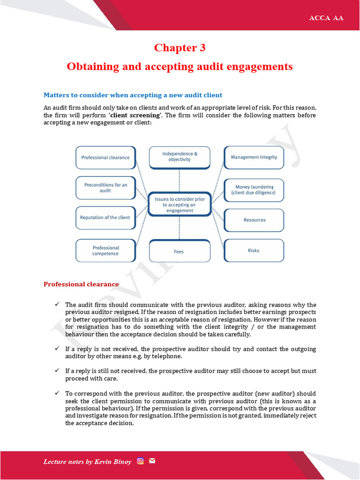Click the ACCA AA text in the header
point(326,18)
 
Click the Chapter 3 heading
point(180,48)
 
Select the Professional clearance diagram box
point(105,157)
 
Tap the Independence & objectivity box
point(180,157)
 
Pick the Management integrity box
point(254,157)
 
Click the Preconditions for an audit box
point(105,188)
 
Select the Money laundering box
point(254,190)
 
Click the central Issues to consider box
point(180,205)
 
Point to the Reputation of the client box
point(105,217)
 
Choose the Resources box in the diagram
point(254,220)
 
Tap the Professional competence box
point(105,251)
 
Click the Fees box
point(179,251)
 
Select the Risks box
point(254,250)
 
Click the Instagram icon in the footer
point(140,461)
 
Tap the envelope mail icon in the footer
point(152,461)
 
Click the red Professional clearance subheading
point(81,284)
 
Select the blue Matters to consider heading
point(133,95)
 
